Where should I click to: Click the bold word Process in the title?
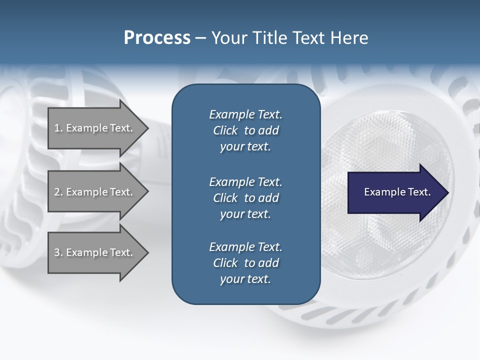tap(157, 38)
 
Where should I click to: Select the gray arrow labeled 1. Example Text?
tap(95, 128)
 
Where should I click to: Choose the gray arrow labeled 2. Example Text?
tap(95, 192)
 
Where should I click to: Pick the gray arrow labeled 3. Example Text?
tap(95, 252)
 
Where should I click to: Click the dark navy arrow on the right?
tap(395, 192)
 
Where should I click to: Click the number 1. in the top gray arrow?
tap(58, 128)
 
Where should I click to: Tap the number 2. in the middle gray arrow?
tap(58, 192)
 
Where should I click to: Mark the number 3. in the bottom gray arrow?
tap(58, 252)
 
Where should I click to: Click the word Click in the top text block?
tap(225, 131)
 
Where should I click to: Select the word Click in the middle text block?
tap(225, 198)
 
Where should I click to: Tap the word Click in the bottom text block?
tap(225, 263)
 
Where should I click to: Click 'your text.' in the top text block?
tap(245, 147)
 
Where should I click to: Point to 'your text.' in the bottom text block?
tap(245, 279)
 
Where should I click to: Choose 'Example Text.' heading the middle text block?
tap(245, 181)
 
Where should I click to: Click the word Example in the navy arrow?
tap(381, 192)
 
